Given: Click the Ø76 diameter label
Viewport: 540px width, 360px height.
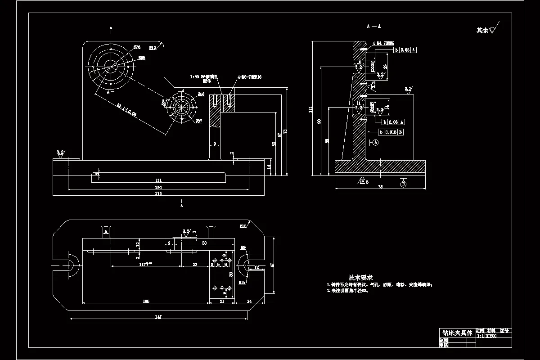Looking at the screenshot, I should pos(137,47).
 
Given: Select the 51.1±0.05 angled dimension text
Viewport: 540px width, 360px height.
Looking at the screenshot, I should pos(127,111).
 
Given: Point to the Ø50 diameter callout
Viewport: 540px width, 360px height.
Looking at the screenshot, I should pos(201,94).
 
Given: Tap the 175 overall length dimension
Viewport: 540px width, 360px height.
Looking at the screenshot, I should pos(158,194).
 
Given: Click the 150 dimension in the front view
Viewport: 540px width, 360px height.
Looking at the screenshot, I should pos(158,187).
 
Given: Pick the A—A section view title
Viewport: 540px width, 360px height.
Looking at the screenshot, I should pos(373,27).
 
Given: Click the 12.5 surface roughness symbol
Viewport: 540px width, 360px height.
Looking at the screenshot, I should pos(364,181).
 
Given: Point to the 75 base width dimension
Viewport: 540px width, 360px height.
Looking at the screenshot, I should pos(380,186).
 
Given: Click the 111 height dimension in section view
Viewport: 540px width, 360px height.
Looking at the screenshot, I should pos(311,109).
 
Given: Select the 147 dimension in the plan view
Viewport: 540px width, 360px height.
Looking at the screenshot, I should pos(158,317).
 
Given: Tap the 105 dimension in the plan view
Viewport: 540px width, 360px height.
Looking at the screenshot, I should pos(146,301).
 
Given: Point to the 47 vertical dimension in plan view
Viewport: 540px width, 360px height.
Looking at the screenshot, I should pos(272,265).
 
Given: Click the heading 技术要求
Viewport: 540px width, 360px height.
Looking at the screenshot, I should pos(360,278).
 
